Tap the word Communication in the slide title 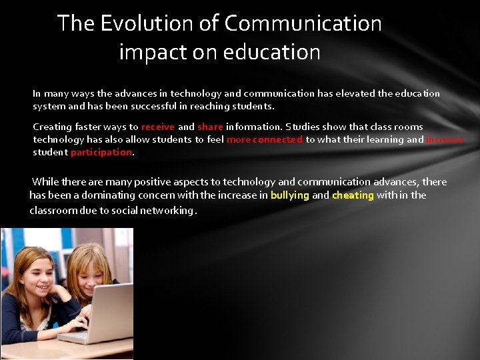303,24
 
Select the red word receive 158,127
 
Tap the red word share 210,127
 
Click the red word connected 277,140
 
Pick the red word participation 101,153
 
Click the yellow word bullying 290,195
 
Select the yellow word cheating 353,195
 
